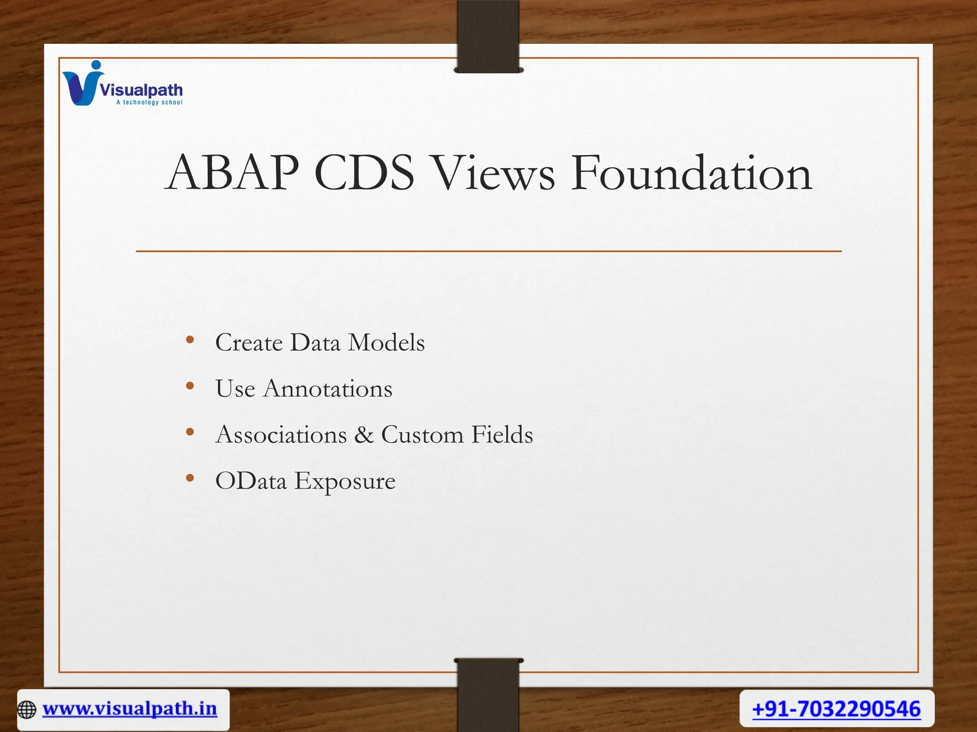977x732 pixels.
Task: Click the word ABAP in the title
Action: (x=232, y=173)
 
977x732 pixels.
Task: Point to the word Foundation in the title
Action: (x=691, y=173)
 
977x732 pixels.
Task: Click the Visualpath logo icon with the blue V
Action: (x=82, y=84)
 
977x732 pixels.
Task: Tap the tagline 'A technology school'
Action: (x=149, y=102)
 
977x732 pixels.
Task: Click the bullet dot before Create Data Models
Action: (x=190, y=340)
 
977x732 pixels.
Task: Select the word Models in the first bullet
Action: (x=386, y=343)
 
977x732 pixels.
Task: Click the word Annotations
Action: (x=328, y=388)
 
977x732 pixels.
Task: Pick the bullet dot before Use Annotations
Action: (x=190, y=386)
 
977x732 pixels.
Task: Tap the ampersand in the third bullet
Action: (x=364, y=435)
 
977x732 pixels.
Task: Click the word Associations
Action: (x=281, y=435)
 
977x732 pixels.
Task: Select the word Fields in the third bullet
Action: (x=502, y=435)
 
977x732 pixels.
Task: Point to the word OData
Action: (x=251, y=481)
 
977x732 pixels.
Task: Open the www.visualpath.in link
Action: (x=130, y=709)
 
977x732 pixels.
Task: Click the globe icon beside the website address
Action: (x=27, y=710)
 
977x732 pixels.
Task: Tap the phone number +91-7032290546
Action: (x=836, y=709)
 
